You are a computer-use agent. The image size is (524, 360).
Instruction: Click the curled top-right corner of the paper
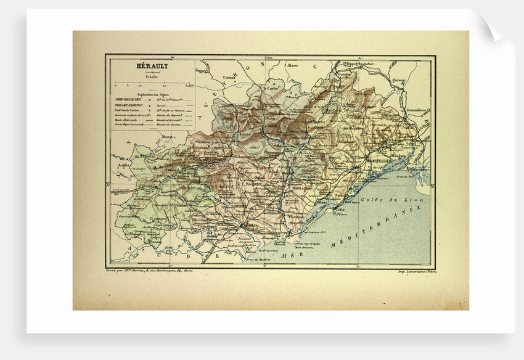pyautogui.click(x=494, y=31)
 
